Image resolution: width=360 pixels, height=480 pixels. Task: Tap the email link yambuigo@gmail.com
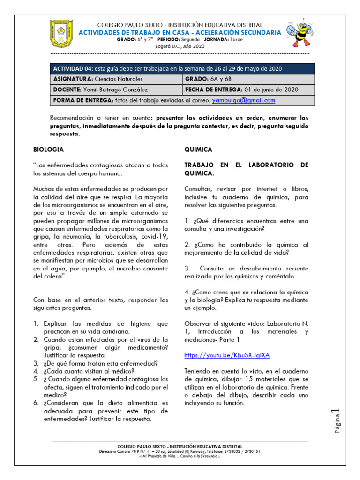(x=243, y=100)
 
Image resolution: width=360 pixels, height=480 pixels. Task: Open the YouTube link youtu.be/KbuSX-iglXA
(x=227, y=355)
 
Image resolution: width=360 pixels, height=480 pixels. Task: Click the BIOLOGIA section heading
(x=48, y=150)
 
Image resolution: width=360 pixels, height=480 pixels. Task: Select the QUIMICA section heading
(x=198, y=150)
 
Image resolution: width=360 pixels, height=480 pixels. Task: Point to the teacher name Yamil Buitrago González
(x=115, y=90)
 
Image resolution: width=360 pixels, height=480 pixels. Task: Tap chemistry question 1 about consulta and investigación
(x=246, y=225)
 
